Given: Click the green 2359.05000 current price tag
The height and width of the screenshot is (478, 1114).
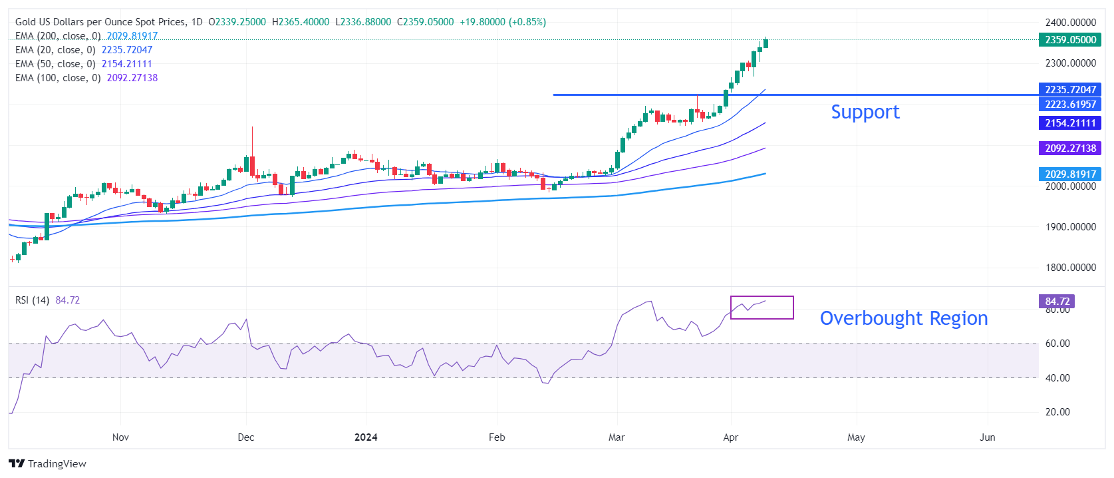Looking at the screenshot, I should pos(1069,40).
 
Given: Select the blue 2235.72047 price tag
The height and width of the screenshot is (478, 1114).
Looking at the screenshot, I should pos(1069,90).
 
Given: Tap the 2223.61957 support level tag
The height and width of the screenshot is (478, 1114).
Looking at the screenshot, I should pos(1069,104).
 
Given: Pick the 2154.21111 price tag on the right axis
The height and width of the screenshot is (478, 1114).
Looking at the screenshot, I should pos(1069,123).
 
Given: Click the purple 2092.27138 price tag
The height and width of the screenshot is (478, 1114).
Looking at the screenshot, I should pos(1069,148).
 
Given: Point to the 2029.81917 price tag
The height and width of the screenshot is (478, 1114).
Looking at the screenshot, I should pos(1069,174).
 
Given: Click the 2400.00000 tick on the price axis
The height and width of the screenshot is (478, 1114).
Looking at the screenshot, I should pos(1070,23).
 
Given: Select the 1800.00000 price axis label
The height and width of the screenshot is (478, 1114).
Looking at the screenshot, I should pos(1070,268).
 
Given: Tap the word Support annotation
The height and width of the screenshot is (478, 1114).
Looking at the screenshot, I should pos(865,112).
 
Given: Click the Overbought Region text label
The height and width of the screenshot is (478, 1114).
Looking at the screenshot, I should pos(903,318).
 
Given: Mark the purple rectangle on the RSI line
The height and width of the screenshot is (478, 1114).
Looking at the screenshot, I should pos(762,308).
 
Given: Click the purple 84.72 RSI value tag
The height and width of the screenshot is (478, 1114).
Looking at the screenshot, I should pos(1057,302).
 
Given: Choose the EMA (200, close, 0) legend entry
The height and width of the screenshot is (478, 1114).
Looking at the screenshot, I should pos(58,36).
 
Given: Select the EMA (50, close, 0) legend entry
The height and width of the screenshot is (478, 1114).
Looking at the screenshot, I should pos(55,64).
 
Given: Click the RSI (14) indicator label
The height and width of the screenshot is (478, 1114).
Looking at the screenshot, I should pos(33,300).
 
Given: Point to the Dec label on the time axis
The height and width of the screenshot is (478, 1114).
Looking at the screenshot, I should pos(246,437).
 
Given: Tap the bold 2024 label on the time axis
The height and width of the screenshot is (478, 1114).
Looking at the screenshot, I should pos(366,437).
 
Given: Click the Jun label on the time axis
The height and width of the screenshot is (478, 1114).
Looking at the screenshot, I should pos(988,437).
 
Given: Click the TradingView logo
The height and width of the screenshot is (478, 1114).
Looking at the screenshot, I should pos(48,464).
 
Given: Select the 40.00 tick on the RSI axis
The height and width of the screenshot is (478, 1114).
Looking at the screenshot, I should pos(1057,378).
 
